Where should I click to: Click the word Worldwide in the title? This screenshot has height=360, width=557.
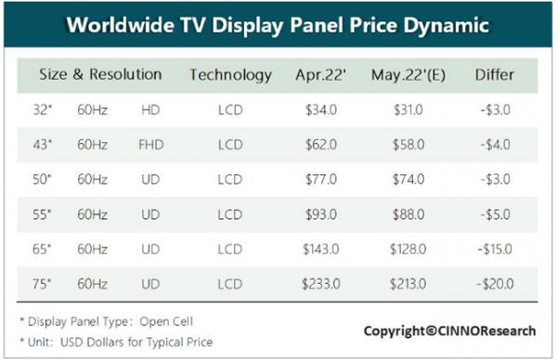[x=120, y=25]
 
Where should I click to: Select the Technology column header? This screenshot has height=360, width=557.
[x=230, y=75]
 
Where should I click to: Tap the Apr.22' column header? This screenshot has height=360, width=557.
[x=321, y=75]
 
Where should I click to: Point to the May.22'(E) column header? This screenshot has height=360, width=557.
[x=408, y=75]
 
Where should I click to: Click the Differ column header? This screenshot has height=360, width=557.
[x=495, y=74]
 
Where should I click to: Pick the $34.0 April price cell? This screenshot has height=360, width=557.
[x=321, y=109]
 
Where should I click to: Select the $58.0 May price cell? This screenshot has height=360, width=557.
[x=408, y=145]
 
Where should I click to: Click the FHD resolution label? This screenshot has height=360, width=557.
[x=151, y=145]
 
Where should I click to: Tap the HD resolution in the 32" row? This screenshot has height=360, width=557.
[x=150, y=109]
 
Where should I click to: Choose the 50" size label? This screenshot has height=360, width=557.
[x=42, y=179]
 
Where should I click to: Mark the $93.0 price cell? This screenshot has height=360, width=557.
[x=321, y=214]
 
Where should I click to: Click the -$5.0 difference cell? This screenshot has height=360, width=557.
[x=496, y=214]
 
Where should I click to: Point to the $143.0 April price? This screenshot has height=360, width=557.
[x=321, y=249]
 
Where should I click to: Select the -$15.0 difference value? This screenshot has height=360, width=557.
[x=495, y=249]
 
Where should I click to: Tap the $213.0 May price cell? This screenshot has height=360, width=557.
[x=408, y=284]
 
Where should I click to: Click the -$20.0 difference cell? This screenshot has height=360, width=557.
[x=495, y=284]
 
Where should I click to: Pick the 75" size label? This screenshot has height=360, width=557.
[x=42, y=284]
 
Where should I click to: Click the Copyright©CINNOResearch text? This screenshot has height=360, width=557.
[x=449, y=331]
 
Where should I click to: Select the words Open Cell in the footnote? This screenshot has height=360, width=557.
[x=166, y=321]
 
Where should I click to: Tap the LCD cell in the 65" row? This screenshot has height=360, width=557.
[x=230, y=249]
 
